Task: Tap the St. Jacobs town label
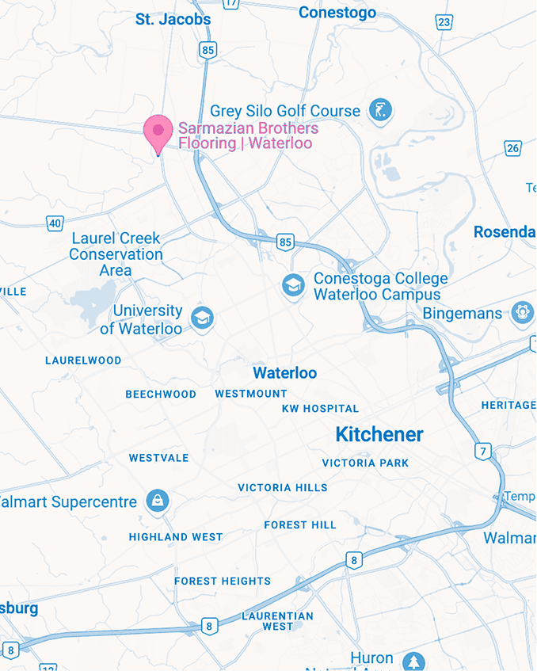(173, 19)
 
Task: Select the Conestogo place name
(337, 13)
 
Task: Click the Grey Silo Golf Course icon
(382, 111)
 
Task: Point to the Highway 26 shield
(513, 148)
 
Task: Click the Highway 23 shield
(444, 21)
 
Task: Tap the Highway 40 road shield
(54, 223)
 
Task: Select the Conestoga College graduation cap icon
(294, 286)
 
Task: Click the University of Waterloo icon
(202, 319)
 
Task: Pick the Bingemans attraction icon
(521, 313)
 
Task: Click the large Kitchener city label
(379, 434)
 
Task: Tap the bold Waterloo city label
(284, 373)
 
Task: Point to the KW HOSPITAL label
(320, 409)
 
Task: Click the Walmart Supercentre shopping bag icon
(158, 501)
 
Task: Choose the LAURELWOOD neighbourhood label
(83, 360)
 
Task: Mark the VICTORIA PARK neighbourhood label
(365, 463)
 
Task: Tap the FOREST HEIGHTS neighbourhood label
(223, 581)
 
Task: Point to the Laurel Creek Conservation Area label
(116, 254)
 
